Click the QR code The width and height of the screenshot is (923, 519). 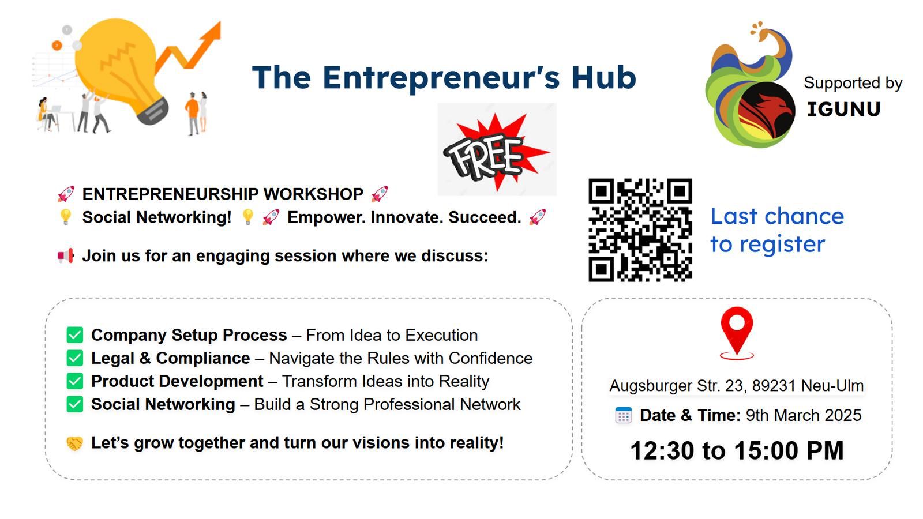(x=640, y=230)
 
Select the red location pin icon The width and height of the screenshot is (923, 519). (x=737, y=333)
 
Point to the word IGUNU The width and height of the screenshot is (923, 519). (x=843, y=109)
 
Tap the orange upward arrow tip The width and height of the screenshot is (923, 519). (x=220, y=22)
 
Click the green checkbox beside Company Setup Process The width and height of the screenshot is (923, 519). (x=74, y=335)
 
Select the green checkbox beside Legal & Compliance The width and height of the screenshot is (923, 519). (x=74, y=358)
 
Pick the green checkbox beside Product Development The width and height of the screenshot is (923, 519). (x=74, y=381)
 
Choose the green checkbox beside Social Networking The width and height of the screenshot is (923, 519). (x=74, y=404)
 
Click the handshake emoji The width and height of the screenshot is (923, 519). (x=74, y=443)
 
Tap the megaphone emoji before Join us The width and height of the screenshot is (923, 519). (x=66, y=256)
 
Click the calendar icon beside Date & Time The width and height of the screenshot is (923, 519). (x=624, y=415)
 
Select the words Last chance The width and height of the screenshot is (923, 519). (x=777, y=216)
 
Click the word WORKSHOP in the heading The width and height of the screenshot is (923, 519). (x=313, y=194)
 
